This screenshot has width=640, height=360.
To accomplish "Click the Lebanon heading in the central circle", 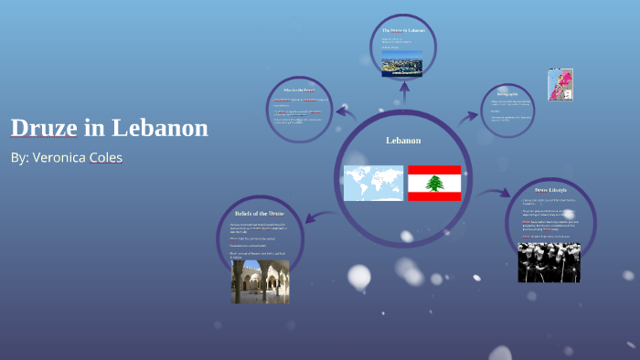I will pyautogui.click(x=403, y=141).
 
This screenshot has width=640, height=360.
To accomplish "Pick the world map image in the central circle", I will pyautogui.click(x=373, y=183).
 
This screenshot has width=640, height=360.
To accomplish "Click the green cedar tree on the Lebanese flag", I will pyautogui.click(x=434, y=183).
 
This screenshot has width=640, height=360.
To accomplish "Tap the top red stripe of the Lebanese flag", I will pyautogui.click(x=434, y=170).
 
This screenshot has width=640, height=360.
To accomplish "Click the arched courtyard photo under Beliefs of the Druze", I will pyautogui.click(x=260, y=281).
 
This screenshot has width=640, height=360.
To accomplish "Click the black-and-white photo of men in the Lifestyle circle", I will pyautogui.click(x=549, y=261).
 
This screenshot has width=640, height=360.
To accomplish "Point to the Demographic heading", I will pyautogui.click(x=513, y=93).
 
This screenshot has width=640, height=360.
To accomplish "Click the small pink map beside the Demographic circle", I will pyautogui.click(x=560, y=85).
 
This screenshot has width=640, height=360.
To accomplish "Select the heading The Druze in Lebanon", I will pyautogui.click(x=403, y=31).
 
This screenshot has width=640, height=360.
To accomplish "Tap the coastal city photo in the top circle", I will pyautogui.click(x=402, y=68).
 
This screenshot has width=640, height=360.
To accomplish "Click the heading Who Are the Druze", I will pyautogui.click(x=297, y=90).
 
